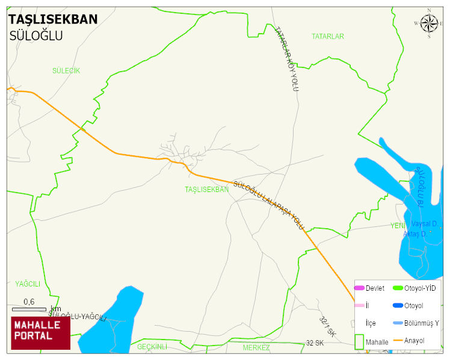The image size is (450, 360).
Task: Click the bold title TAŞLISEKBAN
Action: tap(53, 19)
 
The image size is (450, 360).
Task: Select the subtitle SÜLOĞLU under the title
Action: tap(36, 36)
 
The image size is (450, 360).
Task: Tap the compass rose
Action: tap(429, 23)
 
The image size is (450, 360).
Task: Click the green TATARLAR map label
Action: tap(328, 37)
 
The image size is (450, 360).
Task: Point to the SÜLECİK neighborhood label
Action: tap(66, 70)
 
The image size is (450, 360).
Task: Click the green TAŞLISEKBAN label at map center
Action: tap(207, 189)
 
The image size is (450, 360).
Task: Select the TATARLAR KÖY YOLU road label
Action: tap(286, 58)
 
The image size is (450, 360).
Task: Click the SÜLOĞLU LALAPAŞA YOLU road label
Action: tap(268, 205)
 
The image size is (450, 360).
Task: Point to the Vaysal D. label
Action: tap(424, 224)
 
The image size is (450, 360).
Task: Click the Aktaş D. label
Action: tap(415, 234)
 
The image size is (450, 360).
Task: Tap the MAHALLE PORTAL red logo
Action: tap(40, 333)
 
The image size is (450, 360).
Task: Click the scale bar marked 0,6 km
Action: tap(29, 309)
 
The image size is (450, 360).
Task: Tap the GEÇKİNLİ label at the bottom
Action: tap(152, 347)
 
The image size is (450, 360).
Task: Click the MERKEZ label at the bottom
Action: tap(256, 348)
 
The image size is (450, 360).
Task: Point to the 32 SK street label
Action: tap(315, 343)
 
